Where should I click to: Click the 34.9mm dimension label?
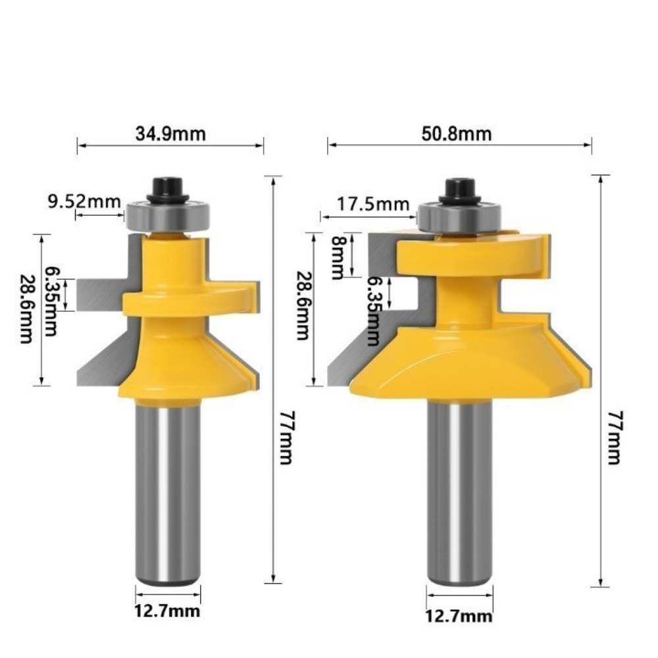click(170, 134)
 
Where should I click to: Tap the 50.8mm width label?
click(456, 134)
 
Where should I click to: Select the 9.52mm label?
click(84, 202)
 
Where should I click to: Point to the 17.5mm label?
click(373, 204)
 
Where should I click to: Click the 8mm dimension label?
click(338, 257)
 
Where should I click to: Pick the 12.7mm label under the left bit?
click(167, 611)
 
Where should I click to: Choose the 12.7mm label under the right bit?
click(459, 616)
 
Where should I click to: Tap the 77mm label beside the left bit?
click(286, 438)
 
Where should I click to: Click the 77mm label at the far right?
click(615, 438)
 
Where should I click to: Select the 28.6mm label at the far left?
click(26, 309)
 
